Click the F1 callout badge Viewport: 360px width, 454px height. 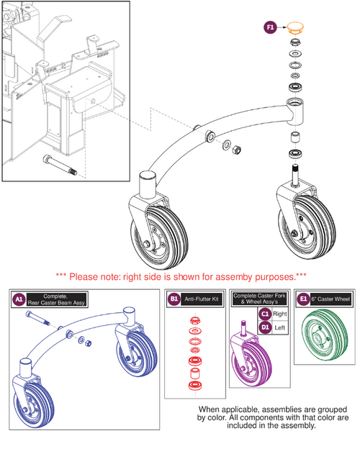271,27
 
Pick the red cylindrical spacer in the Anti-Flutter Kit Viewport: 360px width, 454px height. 194,375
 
